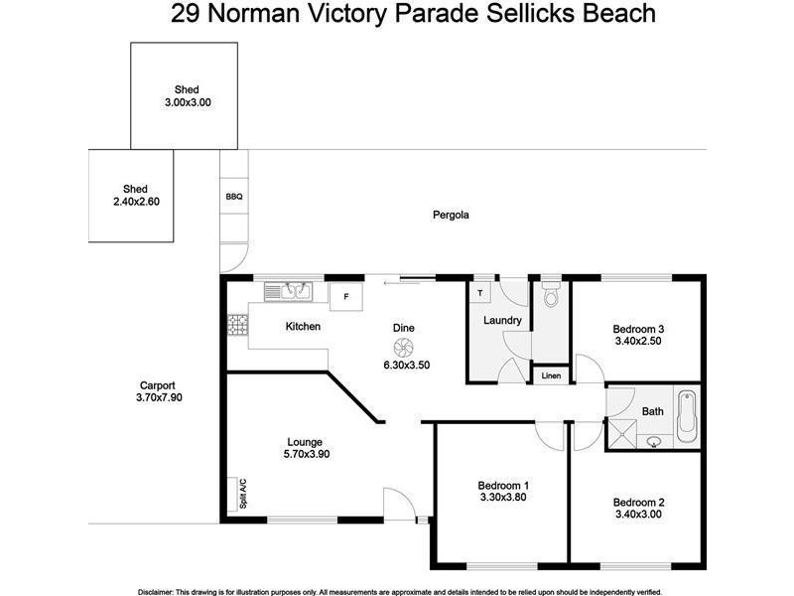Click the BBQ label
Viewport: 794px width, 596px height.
pyautogui.click(x=234, y=197)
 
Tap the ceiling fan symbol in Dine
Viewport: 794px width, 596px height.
pyautogui.click(x=403, y=347)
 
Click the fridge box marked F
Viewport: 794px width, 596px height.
pyautogui.click(x=346, y=296)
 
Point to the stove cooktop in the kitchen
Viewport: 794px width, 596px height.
pyautogui.click(x=238, y=325)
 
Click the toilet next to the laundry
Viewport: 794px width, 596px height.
pyautogui.click(x=552, y=295)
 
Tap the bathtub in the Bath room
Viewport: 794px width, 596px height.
pyautogui.click(x=687, y=419)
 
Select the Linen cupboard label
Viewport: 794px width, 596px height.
pyautogui.click(x=551, y=376)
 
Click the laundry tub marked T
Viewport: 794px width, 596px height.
pyautogui.click(x=480, y=293)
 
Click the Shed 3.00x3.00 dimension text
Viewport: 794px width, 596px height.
pyautogui.click(x=188, y=102)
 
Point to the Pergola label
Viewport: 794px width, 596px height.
pyautogui.click(x=451, y=215)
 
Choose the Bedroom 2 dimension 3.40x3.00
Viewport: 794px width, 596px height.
pyautogui.click(x=637, y=515)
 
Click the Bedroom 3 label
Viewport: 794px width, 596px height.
pyautogui.click(x=637, y=330)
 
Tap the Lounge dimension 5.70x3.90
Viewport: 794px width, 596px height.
pyautogui.click(x=306, y=455)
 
